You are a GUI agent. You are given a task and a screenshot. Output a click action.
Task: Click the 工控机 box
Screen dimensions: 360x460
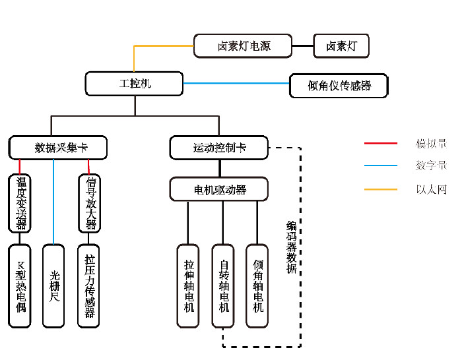pyautogui.click(x=135, y=84)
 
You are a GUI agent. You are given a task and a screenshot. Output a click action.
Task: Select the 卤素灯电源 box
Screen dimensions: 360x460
pyautogui.click(x=244, y=46)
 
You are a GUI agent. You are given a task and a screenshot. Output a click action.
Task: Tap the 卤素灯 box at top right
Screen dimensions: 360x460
pyautogui.click(x=341, y=46)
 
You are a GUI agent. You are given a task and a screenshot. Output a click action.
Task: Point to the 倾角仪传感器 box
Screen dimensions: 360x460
pyautogui.click(x=339, y=86)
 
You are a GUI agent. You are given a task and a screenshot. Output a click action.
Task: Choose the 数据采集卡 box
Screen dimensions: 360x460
pyautogui.click(x=59, y=148)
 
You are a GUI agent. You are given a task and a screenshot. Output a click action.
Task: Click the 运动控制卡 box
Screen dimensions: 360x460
pyautogui.click(x=219, y=148)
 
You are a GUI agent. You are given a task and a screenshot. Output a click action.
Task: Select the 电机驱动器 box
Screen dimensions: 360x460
pyautogui.click(x=219, y=190)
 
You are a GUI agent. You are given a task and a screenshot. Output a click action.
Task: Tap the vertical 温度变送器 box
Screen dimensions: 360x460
pyautogui.click(x=20, y=204)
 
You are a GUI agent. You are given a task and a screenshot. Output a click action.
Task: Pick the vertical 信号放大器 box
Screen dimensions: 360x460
pyautogui.click(x=89, y=204)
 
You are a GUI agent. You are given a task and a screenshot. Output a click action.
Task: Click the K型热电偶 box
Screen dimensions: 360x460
pyautogui.click(x=20, y=285)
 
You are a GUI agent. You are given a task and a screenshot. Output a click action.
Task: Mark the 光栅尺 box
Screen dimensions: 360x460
pyautogui.click(x=54, y=285)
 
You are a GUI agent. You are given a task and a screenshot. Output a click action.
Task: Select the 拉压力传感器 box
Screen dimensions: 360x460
pyautogui.click(x=89, y=285)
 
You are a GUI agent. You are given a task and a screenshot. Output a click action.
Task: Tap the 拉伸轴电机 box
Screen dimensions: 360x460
pyautogui.click(x=188, y=285)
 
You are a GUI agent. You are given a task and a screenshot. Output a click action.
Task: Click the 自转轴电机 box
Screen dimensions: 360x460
pyautogui.click(x=223, y=285)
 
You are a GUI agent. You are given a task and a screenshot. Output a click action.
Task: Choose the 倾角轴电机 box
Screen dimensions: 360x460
pyautogui.click(x=257, y=285)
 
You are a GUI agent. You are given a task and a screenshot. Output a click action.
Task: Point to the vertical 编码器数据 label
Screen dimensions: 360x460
pyautogui.click(x=291, y=247)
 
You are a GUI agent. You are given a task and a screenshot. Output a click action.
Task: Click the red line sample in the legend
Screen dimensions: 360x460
pyautogui.click(x=381, y=143)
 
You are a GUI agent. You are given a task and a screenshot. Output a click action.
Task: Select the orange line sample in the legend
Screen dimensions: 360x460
pyautogui.click(x=381, y=189)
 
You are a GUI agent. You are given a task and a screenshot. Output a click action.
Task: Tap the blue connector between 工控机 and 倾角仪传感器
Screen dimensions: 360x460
pyautogui.click(x=236, y=84)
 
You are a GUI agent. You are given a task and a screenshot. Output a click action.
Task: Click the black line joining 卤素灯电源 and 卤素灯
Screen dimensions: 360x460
pyautogui.click(x=303, y=46)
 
